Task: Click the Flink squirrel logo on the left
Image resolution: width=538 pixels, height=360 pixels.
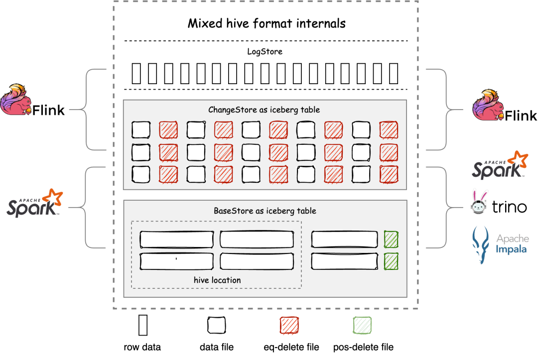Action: pyautogui.click(x=16, y=100)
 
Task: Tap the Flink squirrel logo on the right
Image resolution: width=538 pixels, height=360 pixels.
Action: pyautogui.click(x=488, y=105)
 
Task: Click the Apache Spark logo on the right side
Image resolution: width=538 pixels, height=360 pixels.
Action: pyautogui.click(x=500, y=165)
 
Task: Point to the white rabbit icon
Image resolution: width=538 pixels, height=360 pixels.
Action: pyautogui.click(x=479, y=202)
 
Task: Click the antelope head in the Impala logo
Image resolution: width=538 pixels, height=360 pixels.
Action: pyautogui.click(x=481, y=244)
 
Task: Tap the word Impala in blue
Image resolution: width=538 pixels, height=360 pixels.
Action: pyautogui.click(x=511, y=249)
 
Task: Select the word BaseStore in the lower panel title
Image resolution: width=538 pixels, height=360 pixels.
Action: pyautogui.click(x=233, y=211)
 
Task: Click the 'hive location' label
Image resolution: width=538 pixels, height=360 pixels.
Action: pyautogui.click(x=217, y=280)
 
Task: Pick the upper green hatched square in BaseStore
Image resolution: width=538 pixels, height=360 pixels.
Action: pyautogui.click(x=391, y=240)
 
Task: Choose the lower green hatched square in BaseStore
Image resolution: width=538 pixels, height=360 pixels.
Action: pyautogui.click(x=391, y=261)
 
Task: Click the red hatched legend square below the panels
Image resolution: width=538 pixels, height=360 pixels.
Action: pyautogui.click(x=289, y=325)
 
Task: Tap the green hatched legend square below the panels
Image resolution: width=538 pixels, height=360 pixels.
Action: pyautogui.click(x=362, y=325)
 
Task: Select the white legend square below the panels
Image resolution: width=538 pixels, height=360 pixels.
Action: pyautogui.click(x=216, y=325)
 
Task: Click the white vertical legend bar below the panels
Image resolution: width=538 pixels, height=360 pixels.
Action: pyautogui.click(x=143, y=325)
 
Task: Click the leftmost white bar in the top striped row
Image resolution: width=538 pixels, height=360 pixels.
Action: pyautogui.click(x=136, y=74)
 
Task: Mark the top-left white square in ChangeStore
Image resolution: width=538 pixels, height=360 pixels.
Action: pyautogui.click(x=140, y=130)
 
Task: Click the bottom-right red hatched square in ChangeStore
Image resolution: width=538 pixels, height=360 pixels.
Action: pyautogui.click(x=389, y=174)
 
